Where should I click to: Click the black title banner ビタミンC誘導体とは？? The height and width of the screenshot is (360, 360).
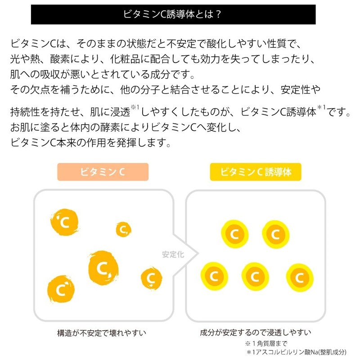tap(173, 14)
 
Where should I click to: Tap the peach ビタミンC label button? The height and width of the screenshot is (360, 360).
tap(103, 172)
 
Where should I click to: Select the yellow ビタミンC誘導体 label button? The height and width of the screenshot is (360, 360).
tap(256, 172)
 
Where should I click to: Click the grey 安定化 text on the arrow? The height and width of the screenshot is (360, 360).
tap(173, 254)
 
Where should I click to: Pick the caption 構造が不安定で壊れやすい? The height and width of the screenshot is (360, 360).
tap(102, 333)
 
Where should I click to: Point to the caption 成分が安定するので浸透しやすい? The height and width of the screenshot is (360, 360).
tap(256, 332)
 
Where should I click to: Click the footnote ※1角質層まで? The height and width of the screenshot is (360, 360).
tap(266, 343)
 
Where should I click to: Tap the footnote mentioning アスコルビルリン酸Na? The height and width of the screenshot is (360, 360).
tap(296, 352)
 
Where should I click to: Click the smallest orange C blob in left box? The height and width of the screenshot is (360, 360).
tap(123, 229)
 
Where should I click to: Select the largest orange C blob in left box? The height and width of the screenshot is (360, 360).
tap(103, 268)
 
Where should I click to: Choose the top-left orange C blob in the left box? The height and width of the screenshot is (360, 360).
tap(64, 222)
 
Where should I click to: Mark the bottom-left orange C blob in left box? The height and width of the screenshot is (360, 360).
tap(61, 289)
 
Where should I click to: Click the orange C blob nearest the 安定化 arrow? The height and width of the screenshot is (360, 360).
tap(152, 278)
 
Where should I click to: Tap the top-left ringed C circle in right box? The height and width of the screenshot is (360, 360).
tap(234, 234)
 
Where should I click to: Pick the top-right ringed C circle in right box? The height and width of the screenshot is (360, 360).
tap(276, 234)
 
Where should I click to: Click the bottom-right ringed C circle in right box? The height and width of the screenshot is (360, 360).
tap(300, 278)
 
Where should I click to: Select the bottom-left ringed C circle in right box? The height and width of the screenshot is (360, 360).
tap(214, 276)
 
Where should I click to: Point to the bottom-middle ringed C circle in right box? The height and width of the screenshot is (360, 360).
tap(255, 277)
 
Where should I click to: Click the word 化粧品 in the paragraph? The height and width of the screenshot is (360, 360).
tap(125, 59)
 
